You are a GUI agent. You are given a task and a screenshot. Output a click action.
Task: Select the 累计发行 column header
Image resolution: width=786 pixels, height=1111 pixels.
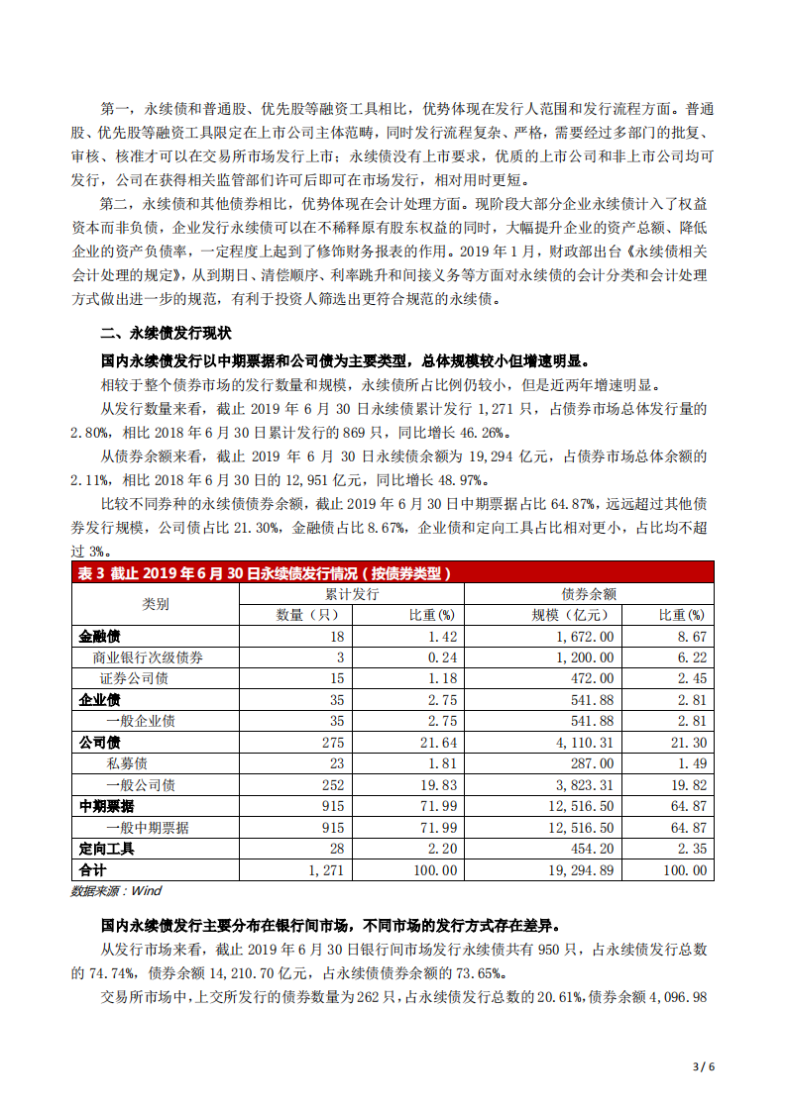pos(352,594)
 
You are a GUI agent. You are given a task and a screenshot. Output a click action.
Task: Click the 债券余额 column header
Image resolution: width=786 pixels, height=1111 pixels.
pos(589,594)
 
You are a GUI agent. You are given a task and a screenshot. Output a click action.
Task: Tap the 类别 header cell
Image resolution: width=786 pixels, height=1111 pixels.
pos(156,604)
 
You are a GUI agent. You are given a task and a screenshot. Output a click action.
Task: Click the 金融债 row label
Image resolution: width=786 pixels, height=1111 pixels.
pos(99,637)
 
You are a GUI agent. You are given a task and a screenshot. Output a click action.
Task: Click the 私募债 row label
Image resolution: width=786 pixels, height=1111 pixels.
pos(127,763)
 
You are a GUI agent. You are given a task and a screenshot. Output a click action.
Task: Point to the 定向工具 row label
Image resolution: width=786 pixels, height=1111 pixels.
pos(106,849)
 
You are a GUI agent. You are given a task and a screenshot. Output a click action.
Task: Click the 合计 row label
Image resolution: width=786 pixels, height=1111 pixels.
pos(92,870)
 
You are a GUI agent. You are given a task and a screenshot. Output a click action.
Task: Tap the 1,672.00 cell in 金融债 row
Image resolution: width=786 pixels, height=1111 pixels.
pos(586,637)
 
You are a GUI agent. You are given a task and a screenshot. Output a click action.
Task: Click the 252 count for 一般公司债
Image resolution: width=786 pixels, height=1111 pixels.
pos(332,785)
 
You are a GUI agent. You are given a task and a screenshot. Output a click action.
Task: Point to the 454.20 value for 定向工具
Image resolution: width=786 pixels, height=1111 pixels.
pos(590,849)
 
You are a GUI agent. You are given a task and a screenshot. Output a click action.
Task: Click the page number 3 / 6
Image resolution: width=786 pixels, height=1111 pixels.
pos(702,1066)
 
